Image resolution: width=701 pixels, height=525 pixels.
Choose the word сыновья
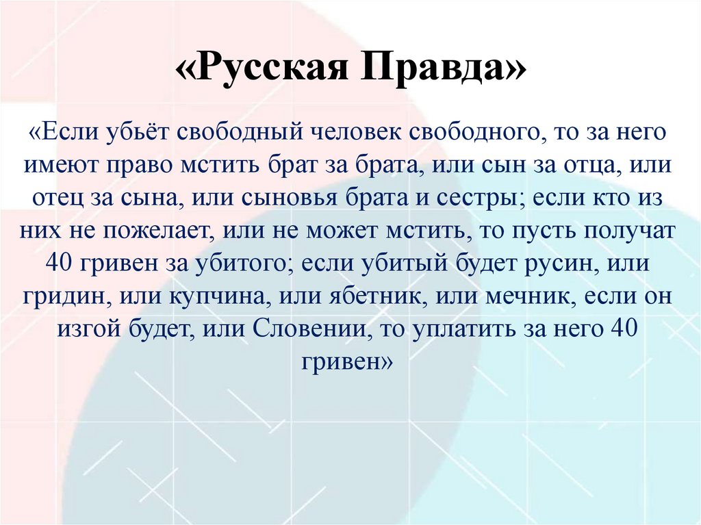289,198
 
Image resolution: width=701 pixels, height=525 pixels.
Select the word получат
633,231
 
